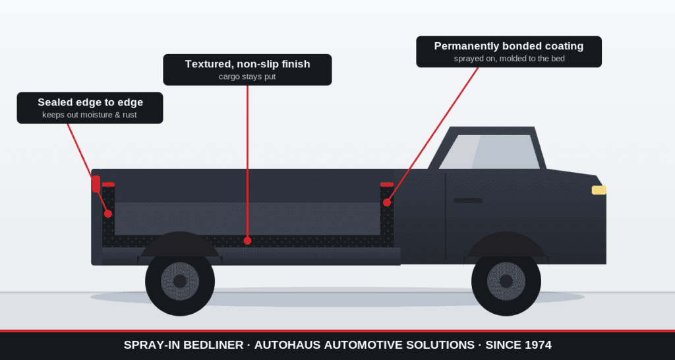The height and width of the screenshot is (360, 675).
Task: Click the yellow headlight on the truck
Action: click(599, 190)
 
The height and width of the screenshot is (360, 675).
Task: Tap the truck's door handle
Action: click(467, 200)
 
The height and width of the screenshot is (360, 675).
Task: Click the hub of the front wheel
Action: click(506, 281)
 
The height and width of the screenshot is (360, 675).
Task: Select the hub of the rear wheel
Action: click(180, 281)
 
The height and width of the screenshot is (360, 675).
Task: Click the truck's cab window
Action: click(490, 152)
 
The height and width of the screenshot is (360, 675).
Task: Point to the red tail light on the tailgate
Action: click(96, 184)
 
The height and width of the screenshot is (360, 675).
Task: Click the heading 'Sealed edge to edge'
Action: click(90, 102)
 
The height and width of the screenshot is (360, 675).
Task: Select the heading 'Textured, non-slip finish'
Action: click(248, 64)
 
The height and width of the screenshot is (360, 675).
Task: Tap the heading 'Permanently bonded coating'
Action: click(509, 46)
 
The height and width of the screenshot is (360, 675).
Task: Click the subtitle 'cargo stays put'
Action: click(248, 76)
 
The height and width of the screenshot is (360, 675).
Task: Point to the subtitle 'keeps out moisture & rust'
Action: click(90, 115)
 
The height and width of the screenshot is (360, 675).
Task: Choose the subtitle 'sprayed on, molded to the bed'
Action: click(510, 59)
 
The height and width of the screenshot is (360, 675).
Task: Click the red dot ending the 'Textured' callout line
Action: click(248, 241)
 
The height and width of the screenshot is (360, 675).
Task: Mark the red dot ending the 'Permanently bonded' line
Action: click(387, 202)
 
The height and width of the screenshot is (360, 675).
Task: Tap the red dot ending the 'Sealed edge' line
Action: click(108, 214)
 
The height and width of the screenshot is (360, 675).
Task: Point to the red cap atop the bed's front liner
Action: click(387, 185)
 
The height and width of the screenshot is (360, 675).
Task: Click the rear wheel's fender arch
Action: click(180, 243)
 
